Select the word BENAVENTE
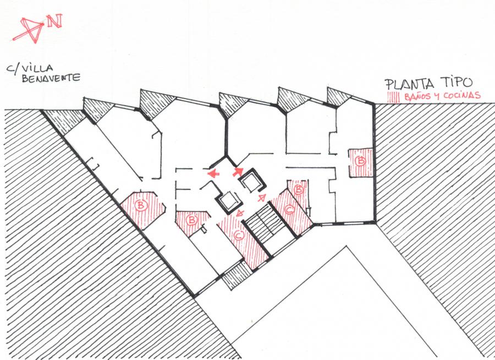(51, 79)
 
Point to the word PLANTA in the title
(408, 84)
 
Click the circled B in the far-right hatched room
(361, 161)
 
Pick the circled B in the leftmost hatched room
(142, 206)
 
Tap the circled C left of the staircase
(238, 236)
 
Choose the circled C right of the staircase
(290, 210)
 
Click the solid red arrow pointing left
(213, 173)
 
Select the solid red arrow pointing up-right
(239, 171)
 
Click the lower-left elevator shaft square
(228, 201)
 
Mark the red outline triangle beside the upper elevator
(262, 197)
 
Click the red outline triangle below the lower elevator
(240, 215)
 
